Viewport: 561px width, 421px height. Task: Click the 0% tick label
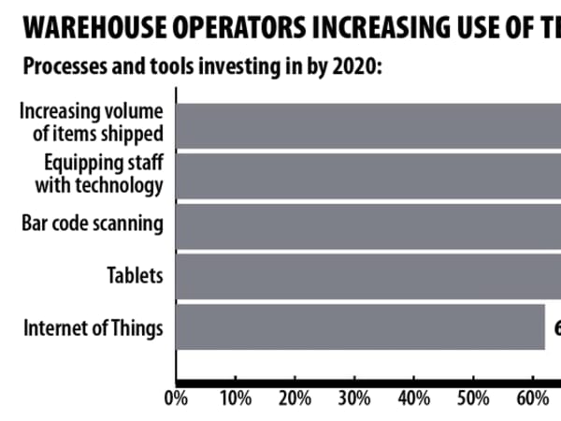tap(176, 399)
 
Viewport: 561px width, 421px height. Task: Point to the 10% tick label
tap(235, 399)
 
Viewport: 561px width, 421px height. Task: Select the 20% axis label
tap(295, 399)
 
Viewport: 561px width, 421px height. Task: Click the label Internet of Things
tap(93, 328)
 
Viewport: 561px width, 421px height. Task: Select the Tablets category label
tap(136, 276)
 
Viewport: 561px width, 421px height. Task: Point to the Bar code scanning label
tap(93, 225)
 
